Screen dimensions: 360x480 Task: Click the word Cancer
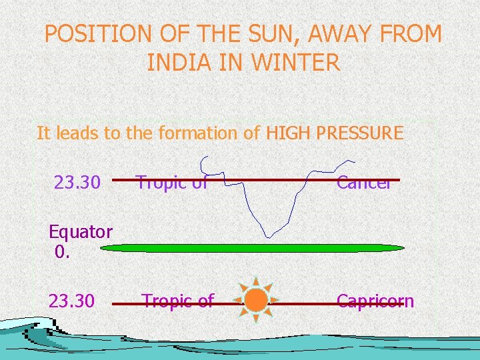[x=363, y=182]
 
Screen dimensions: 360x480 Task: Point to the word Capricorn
[x=375, y=301]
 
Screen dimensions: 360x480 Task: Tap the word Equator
[x=81, y=232]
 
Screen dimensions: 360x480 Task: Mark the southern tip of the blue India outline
[x=269, y=235]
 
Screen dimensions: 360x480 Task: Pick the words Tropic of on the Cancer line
[x=172, y=182]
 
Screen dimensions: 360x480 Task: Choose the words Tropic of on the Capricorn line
[x=177, y=301]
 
